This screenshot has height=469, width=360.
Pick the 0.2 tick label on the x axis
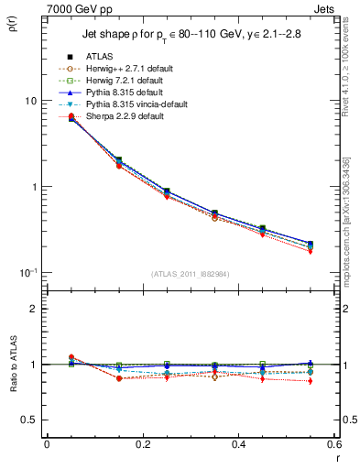(142, 445)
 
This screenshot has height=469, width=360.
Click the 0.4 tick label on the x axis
(238, 445)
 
